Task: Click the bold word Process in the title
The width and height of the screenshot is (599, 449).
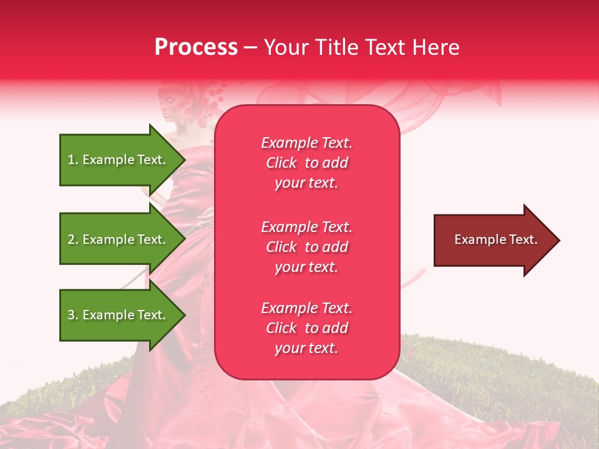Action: click(196, 47)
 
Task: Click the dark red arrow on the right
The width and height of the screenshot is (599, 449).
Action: click(493, 240)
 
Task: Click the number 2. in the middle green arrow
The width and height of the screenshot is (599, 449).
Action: click(73, 239)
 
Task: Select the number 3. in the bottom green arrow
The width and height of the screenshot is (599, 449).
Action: click(73, 315)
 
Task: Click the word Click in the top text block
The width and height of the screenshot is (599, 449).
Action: click(281, 163)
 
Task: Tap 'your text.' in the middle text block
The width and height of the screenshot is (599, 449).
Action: click(306, 267)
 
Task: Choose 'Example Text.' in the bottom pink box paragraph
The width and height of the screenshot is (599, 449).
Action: click(306, 308)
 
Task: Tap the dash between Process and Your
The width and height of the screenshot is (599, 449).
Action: click(250, 48)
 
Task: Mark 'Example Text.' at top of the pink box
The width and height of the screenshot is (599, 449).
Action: click(306, 143)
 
